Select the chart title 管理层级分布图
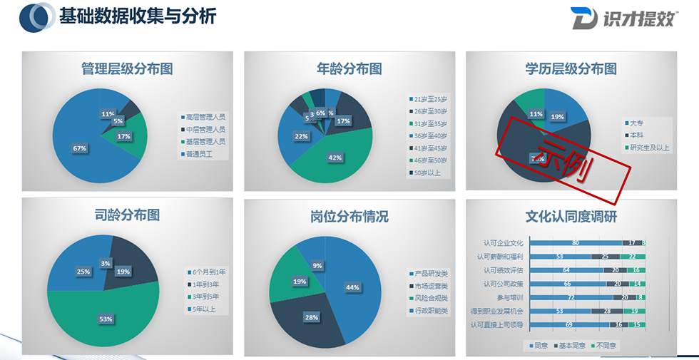tap(127, 69)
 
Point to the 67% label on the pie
tap(80, 148)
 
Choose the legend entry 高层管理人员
tap(205, 117)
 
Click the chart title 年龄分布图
tap(349, 69)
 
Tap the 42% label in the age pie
tap(335, 158)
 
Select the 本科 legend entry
tap(636, 135)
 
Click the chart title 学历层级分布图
tap(571, 69)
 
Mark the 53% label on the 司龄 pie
tap(106, 319)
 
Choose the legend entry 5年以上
tap(204, 309)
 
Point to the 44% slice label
tap(352, 287)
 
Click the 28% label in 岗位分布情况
tap(312, 317)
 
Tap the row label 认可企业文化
tap(503, 243)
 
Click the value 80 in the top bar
tap(575, 243)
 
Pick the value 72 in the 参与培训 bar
tap(571, 297)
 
